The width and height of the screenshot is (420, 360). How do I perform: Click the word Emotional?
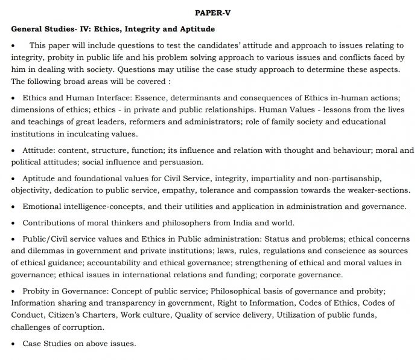(x=43, y=206)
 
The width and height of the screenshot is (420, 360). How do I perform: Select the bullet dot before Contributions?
(x=13, y=222)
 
